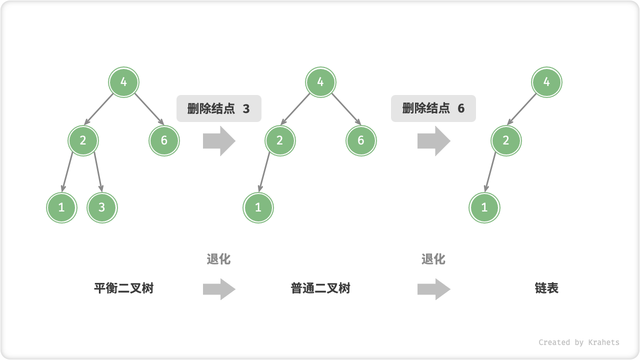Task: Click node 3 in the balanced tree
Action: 102,207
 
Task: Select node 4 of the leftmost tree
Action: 124,82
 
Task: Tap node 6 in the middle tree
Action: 361,140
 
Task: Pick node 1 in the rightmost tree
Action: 484,207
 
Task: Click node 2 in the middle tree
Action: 280,140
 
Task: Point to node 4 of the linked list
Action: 546,82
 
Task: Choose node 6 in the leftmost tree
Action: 164,140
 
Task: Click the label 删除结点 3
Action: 218,108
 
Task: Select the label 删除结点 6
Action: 433,108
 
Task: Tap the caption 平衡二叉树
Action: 123,288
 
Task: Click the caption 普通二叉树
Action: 320,288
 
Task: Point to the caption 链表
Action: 546,288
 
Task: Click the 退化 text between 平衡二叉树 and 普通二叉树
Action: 218,259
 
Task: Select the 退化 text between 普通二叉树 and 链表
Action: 433,259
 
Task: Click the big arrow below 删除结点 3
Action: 219,141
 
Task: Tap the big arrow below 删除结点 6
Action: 433,141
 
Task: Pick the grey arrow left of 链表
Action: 433,289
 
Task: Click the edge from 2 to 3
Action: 97,172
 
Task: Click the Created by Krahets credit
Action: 578,342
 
